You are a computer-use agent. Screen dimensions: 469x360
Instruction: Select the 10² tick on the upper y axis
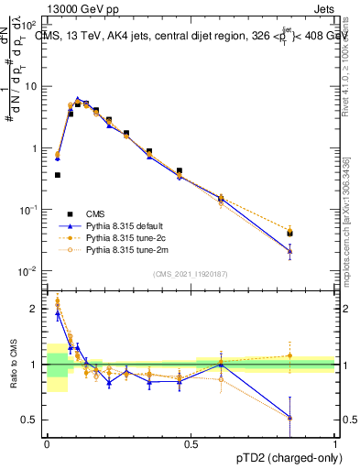[x=30, y=25]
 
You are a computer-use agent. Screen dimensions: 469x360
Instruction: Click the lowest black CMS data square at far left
[x=58, y=174]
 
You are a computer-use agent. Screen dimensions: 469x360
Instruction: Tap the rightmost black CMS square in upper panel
[x=290, y=233]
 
